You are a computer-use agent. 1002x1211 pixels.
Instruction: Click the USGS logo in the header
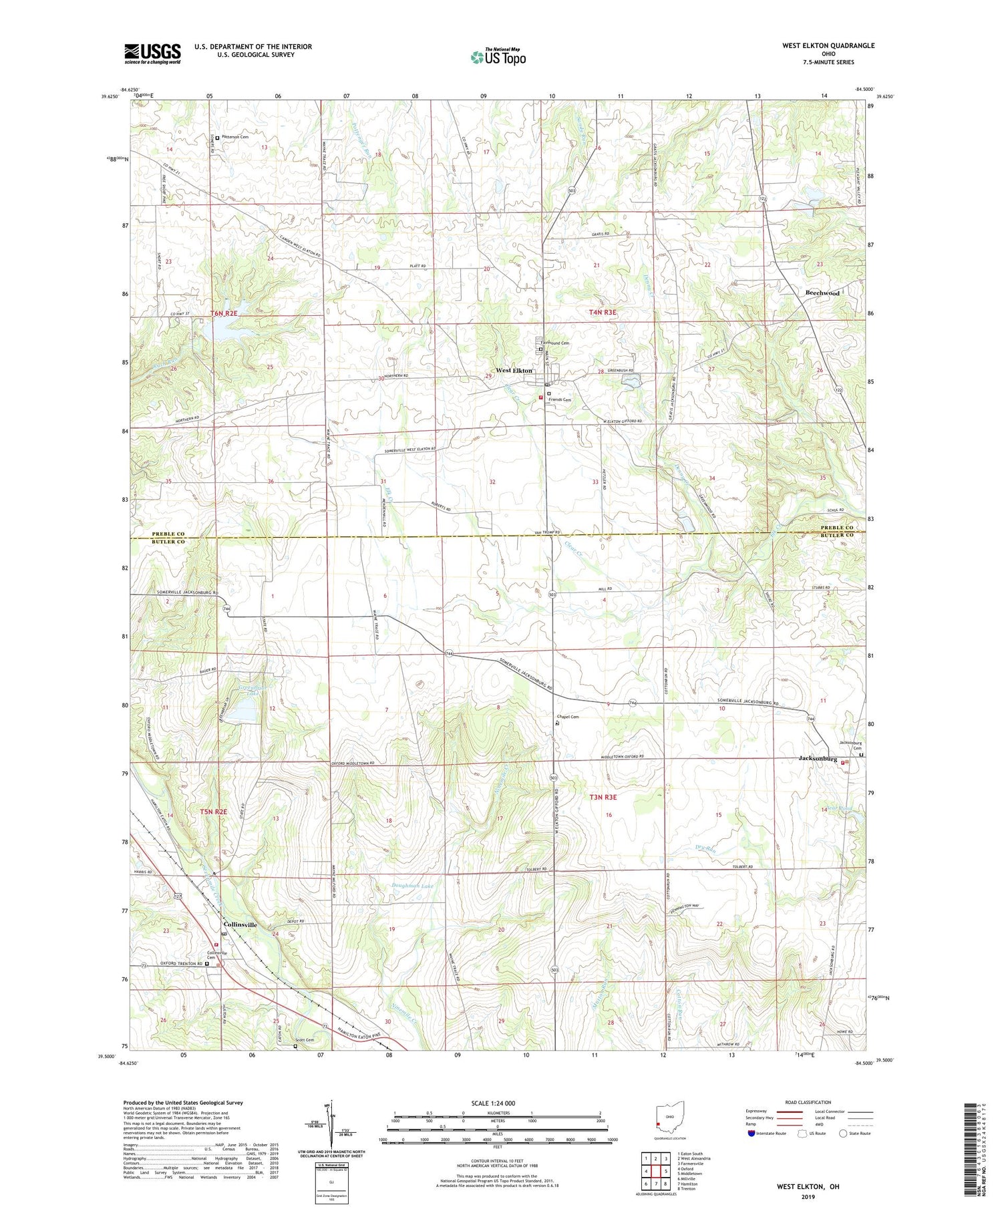point(152,53)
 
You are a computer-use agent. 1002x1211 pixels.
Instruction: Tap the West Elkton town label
point(514,371)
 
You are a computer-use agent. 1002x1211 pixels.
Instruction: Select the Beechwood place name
point(822,293)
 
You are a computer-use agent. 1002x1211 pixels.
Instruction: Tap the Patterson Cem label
point(235,137)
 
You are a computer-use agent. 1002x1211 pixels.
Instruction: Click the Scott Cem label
point(305,1039)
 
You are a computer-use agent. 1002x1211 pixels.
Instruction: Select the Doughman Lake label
point(412,886)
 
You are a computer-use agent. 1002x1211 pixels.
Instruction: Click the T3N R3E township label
point(603,797)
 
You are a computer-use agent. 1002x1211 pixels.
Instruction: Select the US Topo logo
point(498,57)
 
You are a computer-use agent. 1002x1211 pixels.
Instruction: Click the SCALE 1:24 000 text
point(497,1103)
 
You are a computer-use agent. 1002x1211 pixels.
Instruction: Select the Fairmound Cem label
point(556,343)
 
